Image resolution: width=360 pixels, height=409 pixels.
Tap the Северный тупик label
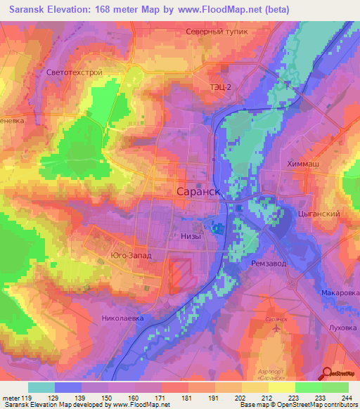pos(217,32)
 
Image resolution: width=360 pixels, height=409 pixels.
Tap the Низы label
pos(191,236)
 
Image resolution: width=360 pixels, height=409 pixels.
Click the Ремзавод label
pos(267,262)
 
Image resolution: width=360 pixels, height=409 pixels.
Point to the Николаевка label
pos(122,318)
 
